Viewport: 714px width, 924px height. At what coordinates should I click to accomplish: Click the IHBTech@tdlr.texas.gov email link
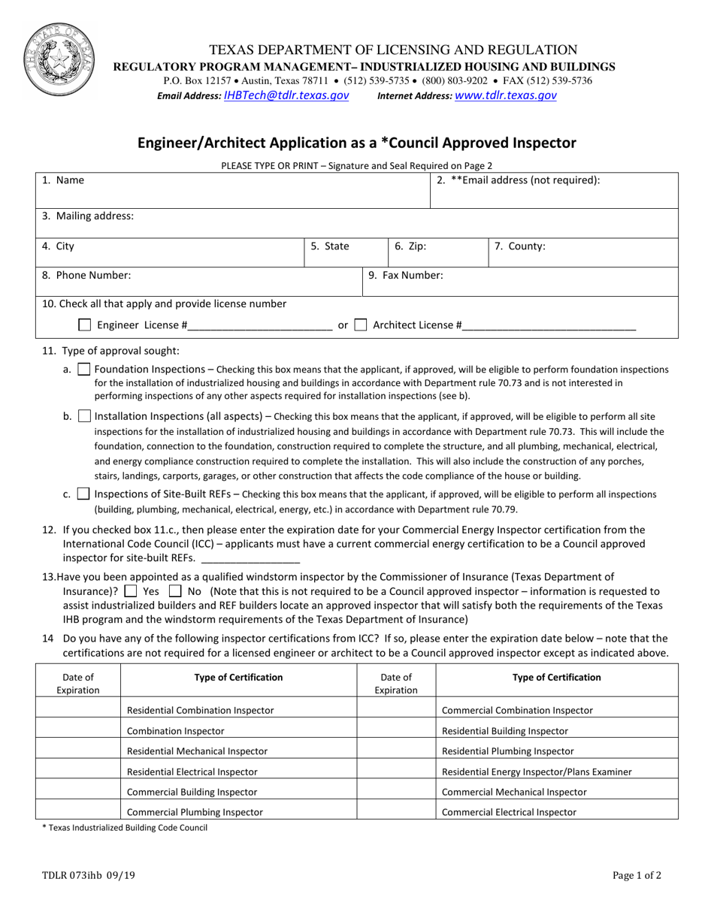point(286,95)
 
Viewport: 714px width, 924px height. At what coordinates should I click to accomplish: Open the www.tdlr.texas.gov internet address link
point(506,95)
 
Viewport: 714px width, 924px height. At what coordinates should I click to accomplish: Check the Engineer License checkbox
point(85,325)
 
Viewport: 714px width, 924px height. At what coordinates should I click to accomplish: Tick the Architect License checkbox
point(361,325)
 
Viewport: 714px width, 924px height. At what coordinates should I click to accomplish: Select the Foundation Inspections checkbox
point(85,370)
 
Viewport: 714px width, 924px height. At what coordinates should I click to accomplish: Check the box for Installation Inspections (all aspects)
point(85,416)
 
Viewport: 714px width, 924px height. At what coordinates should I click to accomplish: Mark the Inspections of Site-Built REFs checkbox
point(84,494)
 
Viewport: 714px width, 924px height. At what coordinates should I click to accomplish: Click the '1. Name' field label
point(63,180)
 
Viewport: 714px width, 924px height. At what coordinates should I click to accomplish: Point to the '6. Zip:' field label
point(410,246)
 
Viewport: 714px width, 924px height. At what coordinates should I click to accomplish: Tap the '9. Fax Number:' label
point(405,275)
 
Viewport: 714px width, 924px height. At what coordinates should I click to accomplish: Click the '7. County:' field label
point(519,246)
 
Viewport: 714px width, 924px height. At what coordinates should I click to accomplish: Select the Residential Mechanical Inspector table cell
point(197,750)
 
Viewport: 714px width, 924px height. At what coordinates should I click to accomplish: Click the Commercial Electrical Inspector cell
point(509,812)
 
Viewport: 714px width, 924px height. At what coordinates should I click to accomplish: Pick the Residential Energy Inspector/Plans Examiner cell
point(537,772)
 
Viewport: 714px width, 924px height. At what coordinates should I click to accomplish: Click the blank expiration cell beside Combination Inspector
point(77,730)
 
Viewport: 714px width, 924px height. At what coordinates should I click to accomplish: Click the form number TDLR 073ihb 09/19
point(84,874)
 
